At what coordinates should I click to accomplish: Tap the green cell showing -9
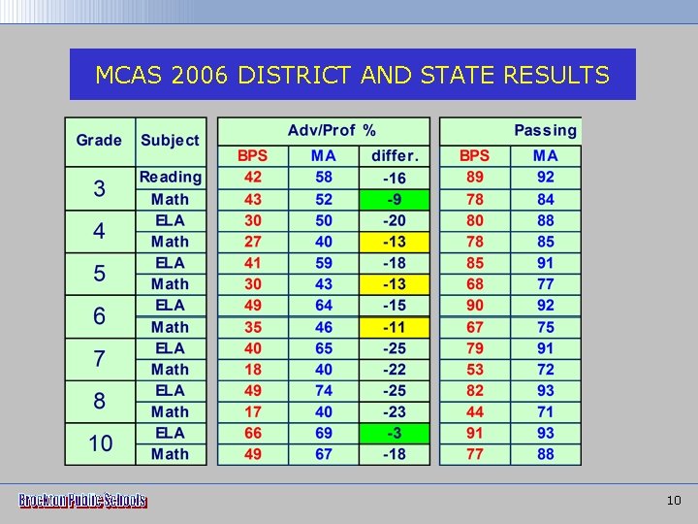point(395,199)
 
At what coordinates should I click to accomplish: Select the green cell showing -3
point(395,433)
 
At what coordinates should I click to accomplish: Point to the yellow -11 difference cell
point(395,327)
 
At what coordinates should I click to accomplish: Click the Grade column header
point(99,140)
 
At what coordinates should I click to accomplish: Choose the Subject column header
point(170,140)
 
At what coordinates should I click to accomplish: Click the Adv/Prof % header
point(332,130)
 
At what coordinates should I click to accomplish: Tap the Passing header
point(545,130)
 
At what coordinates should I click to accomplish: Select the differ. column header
point(395,155)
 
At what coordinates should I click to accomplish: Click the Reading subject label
point(171,177)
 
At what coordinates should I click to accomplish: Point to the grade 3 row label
point(99,188)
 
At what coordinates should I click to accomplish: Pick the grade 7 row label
point(99,358)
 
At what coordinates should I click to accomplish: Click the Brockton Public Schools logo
point(82,501)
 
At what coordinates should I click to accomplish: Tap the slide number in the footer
point(675,501)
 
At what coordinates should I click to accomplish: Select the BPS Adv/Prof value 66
point(252,433)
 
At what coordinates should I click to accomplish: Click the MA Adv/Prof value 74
point(323,390)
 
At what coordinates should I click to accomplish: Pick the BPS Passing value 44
point(474,411)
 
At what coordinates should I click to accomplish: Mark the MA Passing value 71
point(546,411)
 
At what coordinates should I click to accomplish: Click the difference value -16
point(395,178)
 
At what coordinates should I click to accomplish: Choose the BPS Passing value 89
point(474,177)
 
